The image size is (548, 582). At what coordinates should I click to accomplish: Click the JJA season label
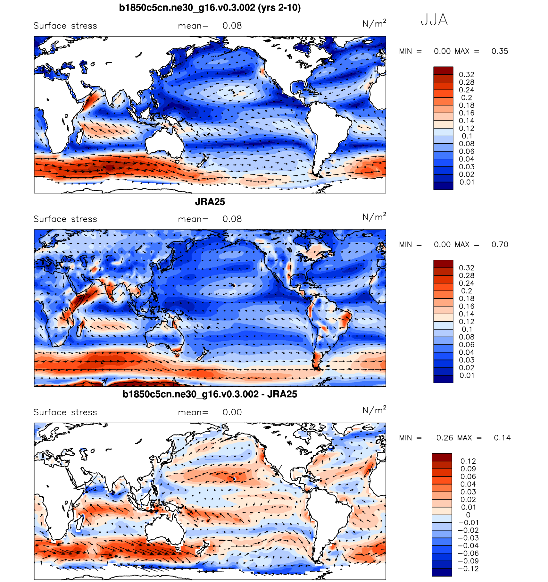(434, 20)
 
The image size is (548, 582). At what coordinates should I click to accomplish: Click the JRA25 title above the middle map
(210, 202)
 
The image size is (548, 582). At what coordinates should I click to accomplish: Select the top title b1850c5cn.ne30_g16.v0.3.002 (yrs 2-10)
(210, 7)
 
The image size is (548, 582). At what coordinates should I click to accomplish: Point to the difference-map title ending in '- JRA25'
(210, 394)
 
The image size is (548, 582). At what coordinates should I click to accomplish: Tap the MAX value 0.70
(500, 245)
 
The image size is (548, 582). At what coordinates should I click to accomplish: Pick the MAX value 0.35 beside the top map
(500, 51)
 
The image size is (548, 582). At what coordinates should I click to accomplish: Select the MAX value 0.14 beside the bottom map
(502, 438)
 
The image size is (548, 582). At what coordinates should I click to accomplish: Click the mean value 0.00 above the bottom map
(232, 412)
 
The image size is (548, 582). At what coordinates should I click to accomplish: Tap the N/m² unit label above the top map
(374, 23)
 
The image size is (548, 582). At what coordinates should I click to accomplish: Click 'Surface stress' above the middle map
(65, 219)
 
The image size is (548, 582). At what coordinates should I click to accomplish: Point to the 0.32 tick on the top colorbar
(466, 75)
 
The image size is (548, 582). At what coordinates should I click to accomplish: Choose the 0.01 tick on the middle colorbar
(467, 375)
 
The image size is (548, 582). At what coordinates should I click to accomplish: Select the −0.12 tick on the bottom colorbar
(468, 569)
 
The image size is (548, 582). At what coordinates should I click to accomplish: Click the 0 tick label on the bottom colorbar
(468, 515)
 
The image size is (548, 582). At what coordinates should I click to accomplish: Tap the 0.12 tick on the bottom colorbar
(468, 461)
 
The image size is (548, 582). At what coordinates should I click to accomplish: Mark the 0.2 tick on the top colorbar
(466, 98)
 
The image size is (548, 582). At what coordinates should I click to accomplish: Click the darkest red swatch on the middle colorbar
(443, 264)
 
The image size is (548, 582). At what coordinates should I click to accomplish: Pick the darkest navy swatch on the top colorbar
(443, 186)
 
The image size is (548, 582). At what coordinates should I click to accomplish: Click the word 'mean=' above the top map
(193, 26)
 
